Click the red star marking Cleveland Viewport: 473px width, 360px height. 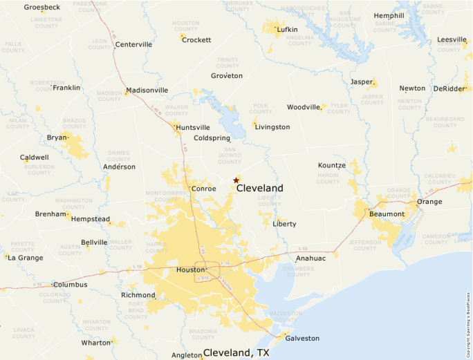pyautogui.click(x=236, y=180)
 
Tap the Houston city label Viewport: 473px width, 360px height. pyautogui.click(x=191, y=269)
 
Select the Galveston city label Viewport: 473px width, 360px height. pyautogui.click(x=303, y=338)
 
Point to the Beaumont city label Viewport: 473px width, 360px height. pyautogui.click(x=387, y=214)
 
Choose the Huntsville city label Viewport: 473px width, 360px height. pyautogui.click(x=193, y=127)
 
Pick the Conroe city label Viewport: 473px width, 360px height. pyautogui.click(x=204, y=188)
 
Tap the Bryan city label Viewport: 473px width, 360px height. pyautogui.click(x=57, y=138)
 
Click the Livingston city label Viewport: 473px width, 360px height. pyautogui.click(x=272, y=127)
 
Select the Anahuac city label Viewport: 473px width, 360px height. pyautogui.click(x=310, y=258)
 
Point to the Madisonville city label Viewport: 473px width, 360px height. pyautogui.click(x=147, y=90)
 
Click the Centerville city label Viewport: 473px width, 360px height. pyautogui.click(x=133, y=44)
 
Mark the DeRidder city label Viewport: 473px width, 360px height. pyautogui.click(x=449, y=88)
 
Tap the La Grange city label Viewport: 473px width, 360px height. pyautogui.click(x=24, y=257)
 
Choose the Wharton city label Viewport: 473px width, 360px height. pyautogui.click(x=95, y=342)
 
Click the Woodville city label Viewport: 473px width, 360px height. pyautogui.click(x=304, y=107)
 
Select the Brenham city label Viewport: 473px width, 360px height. pyautogui.click(x=50, y=214)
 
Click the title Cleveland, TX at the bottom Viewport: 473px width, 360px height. pyautogui.click(x=236, y=352)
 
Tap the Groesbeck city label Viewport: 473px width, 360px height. pyautogui.click(x=42, y=7)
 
